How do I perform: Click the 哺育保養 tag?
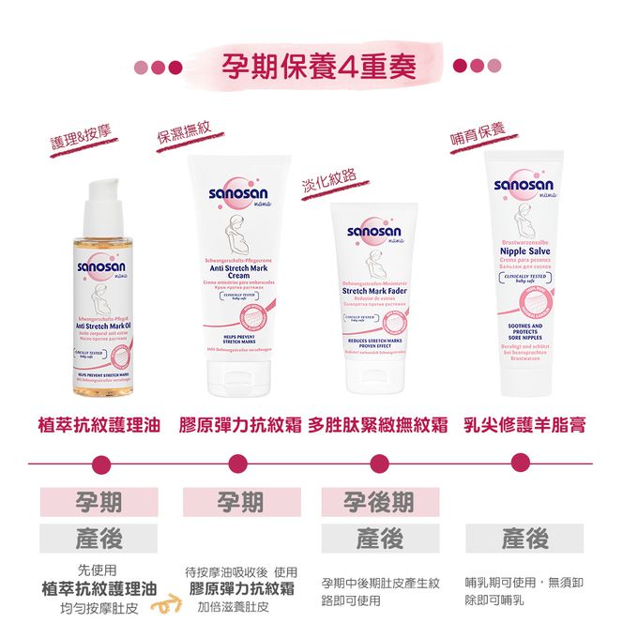(478, 132)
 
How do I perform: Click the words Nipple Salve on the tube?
(524, 251)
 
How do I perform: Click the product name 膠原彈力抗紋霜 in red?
(241, 426)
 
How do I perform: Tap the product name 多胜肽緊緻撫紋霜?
(380, 426)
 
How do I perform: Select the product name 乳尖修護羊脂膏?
(524, 426)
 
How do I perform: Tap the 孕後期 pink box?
(379, 502)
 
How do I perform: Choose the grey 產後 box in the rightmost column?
(524, 539)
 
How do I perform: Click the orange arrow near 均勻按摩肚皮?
(170, 605)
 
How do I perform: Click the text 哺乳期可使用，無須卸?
(524, 583)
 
